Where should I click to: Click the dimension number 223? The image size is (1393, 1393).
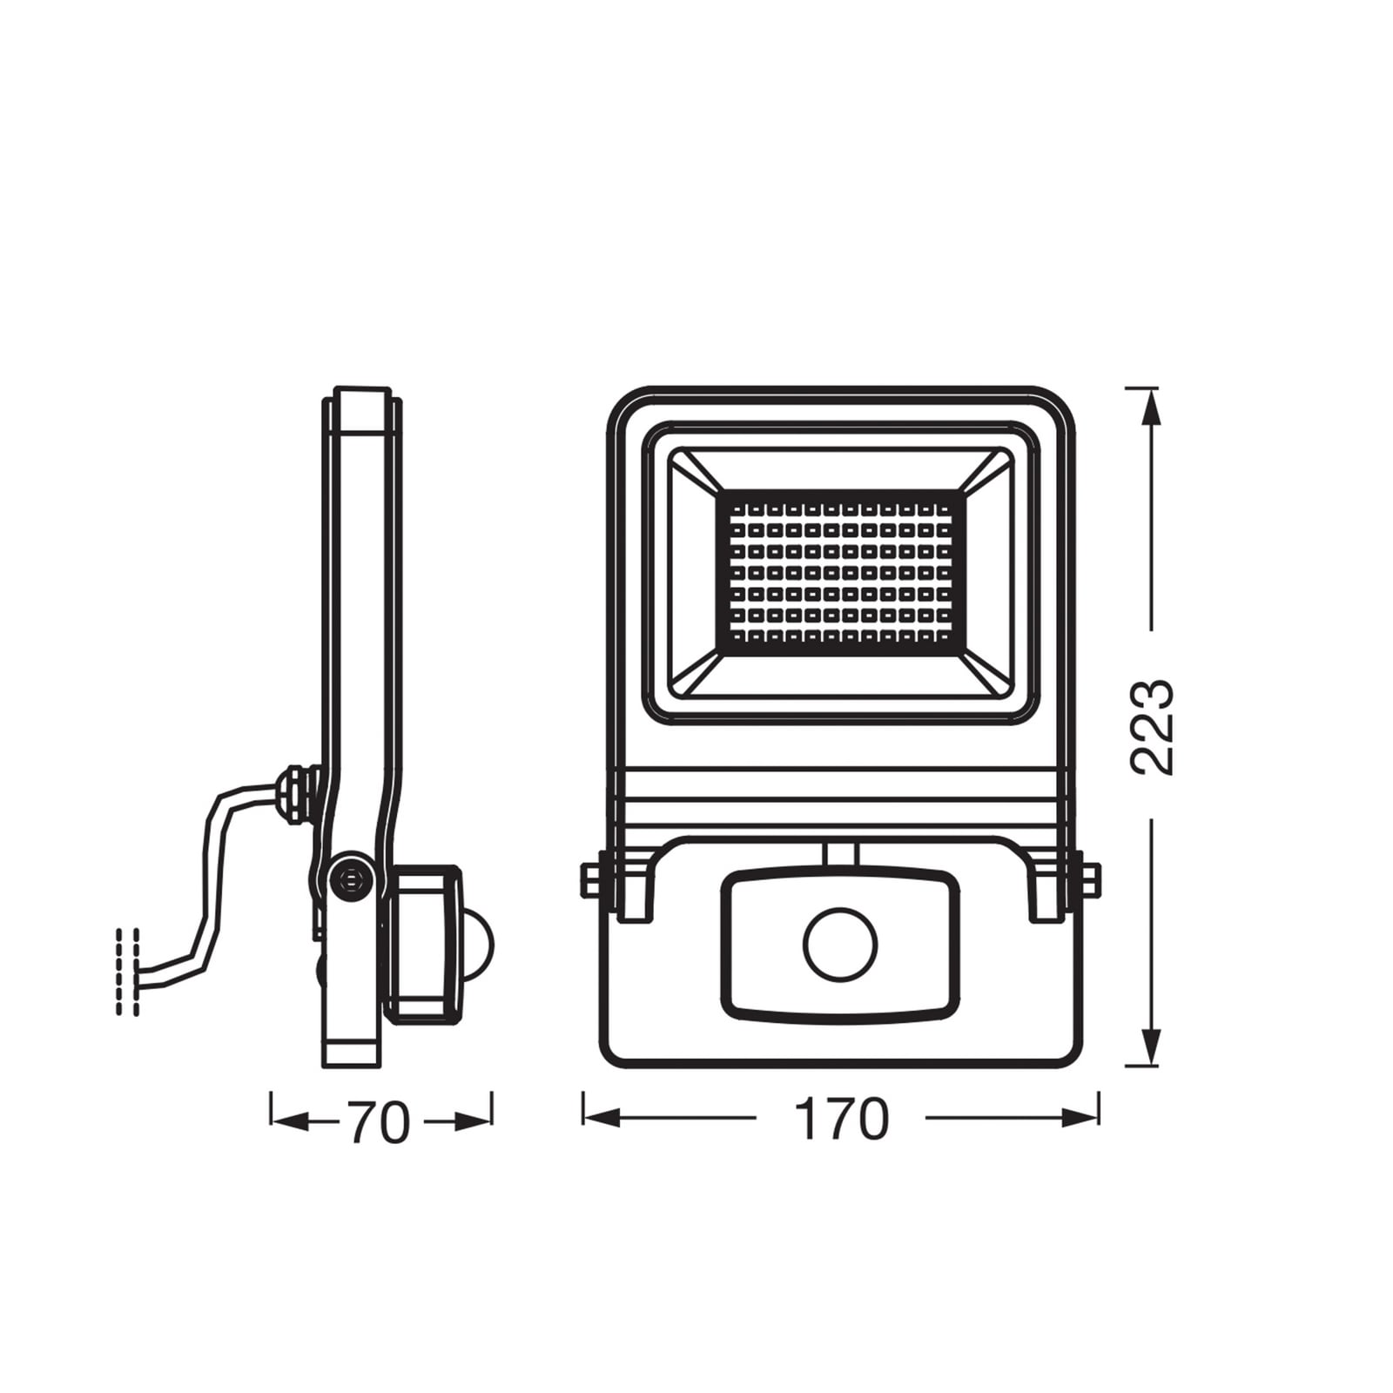point(1153,726)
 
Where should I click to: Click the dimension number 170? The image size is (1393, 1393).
point(841,1119)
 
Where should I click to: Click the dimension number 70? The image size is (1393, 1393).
point(379,1122)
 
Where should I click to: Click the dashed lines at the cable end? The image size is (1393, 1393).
point(127,971)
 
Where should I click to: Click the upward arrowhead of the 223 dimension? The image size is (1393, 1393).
point(1151,406)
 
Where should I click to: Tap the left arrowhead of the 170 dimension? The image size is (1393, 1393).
point(601,1118)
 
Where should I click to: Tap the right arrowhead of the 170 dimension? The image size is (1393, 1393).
point(1081,1118)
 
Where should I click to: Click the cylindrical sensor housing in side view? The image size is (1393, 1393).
point(427,943)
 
